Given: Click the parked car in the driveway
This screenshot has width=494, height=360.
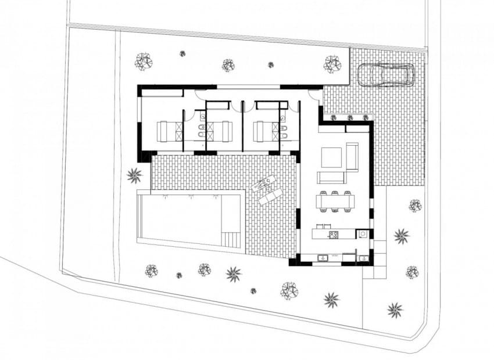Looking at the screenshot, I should pos(386,75).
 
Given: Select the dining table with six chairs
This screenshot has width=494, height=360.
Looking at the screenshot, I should pos(335,201).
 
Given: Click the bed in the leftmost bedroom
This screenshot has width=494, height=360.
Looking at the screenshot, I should pos(170,131).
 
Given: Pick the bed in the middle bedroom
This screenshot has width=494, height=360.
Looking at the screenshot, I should pos(220,131).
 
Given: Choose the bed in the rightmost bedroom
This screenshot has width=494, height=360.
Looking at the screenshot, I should pos(266,131).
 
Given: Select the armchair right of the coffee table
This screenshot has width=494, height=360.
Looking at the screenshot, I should pos(352,156).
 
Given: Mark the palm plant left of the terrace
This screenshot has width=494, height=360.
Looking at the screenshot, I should pos(134,174).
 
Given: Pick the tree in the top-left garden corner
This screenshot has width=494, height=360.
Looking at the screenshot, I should pos(143,60).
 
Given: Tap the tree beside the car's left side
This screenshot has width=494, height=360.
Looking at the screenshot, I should pos(332,64).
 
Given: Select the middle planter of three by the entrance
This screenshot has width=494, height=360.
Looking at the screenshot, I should pos(350,118).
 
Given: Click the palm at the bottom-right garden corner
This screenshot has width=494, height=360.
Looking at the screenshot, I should pos(395,309).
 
